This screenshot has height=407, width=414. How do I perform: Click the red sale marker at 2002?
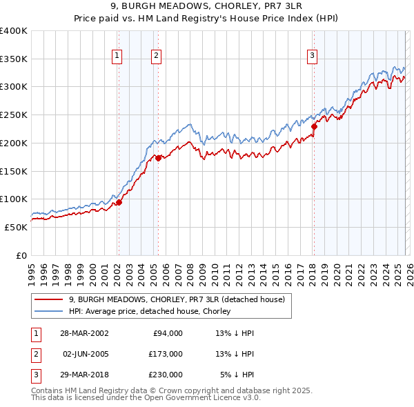119,202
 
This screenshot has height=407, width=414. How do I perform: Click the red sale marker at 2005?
158,158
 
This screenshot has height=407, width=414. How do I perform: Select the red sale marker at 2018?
314,126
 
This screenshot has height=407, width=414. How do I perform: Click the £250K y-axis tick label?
14,115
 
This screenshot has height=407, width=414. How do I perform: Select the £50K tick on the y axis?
17,227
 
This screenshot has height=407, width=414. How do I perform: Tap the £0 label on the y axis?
22,255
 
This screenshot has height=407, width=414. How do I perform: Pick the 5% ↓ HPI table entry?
237,375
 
